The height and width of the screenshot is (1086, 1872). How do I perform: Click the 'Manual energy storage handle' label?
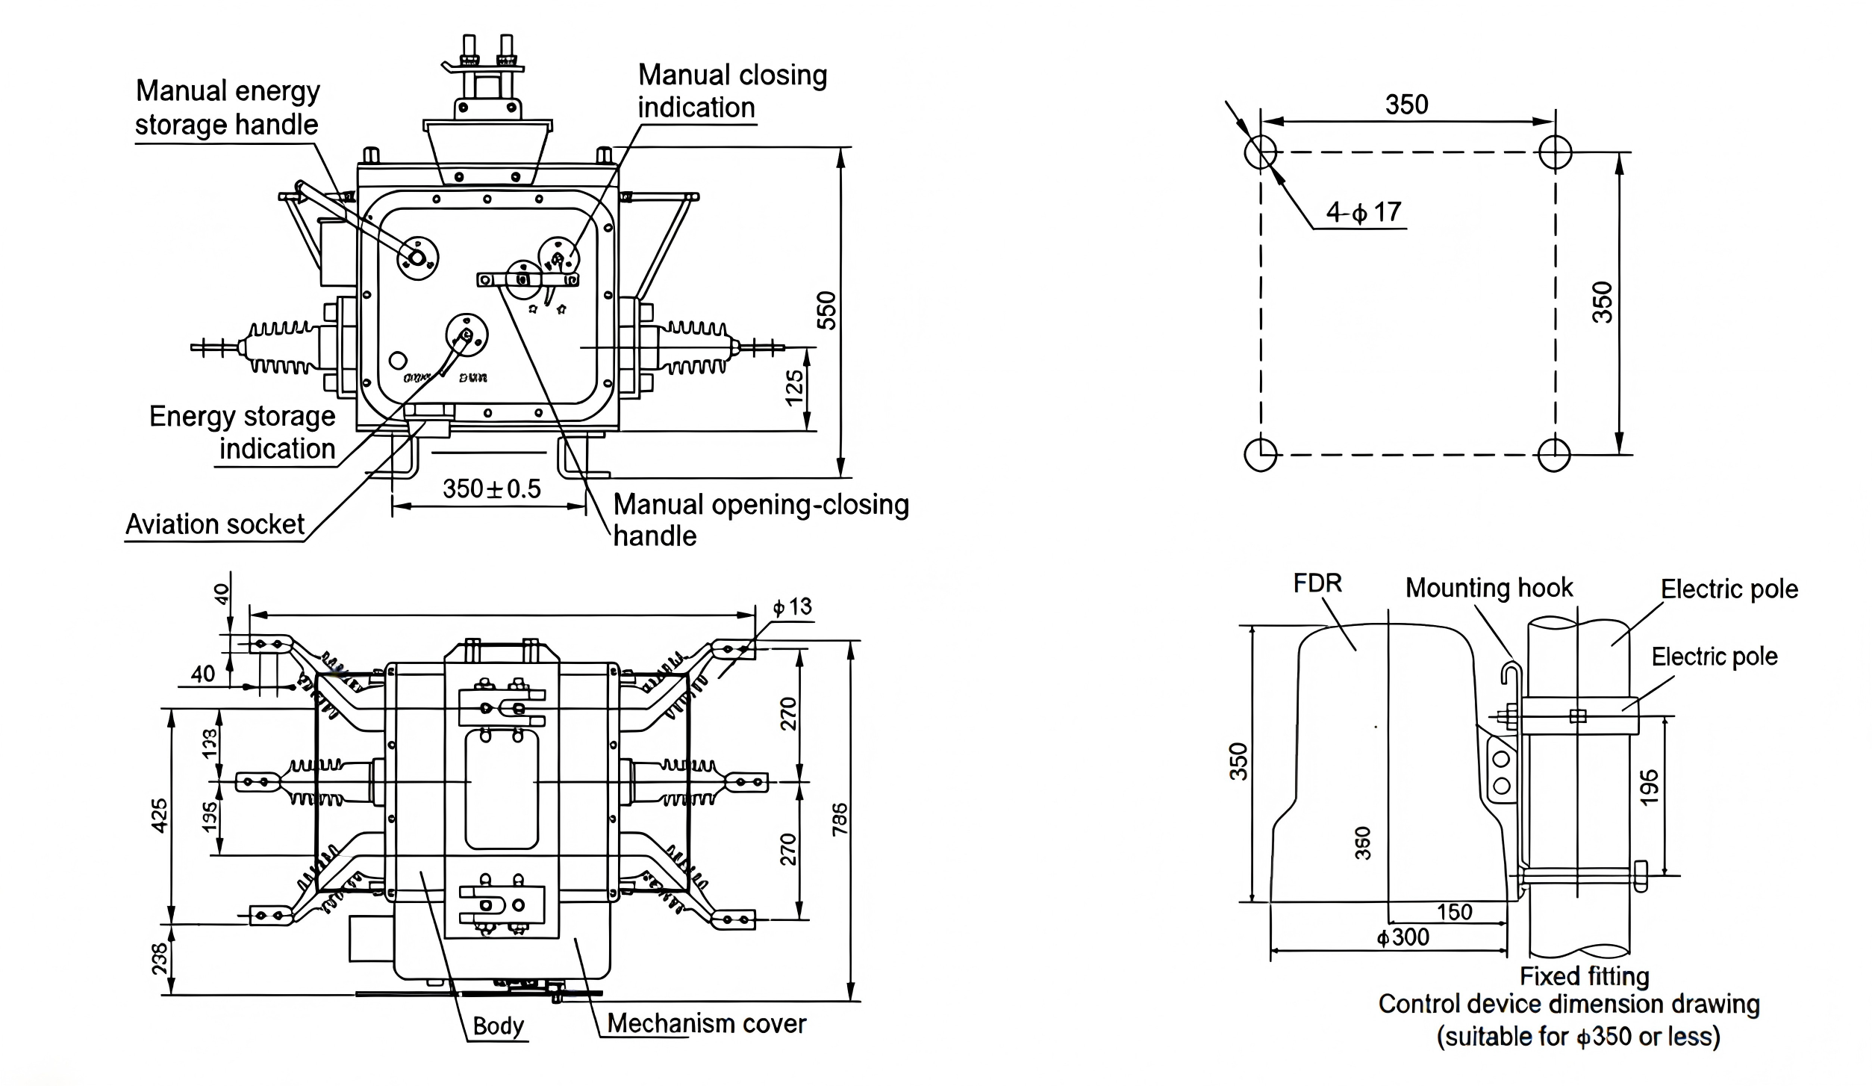[227, 108]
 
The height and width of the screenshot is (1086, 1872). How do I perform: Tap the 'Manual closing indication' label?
[731, 91]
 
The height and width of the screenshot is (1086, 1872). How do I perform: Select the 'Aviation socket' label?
[214, 524]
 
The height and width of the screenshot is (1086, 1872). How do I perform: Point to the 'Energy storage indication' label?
[242, 432]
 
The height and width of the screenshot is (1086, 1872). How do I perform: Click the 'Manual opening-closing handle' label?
[761, 520]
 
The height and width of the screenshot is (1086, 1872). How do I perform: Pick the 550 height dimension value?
[827, 310]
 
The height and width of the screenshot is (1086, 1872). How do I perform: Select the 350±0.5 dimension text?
[491, 488]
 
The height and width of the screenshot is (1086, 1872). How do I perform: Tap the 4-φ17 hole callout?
[1364, 212]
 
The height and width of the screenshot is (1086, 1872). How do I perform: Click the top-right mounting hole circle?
[1556, 152]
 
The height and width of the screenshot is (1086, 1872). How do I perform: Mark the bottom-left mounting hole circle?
[1261, 454]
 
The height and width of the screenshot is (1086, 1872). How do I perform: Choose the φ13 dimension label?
[792, 606]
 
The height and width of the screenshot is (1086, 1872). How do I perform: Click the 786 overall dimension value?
[840, 819]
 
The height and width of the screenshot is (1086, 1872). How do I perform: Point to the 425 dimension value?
[160, 815]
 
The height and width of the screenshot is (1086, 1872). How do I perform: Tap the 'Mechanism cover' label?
[706, 1023]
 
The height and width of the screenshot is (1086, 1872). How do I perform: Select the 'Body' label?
[498, 1026]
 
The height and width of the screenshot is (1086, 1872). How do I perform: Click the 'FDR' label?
[1317, 583]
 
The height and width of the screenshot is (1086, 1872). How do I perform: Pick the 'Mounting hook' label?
[1489, 588]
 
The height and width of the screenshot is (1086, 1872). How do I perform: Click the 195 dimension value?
[1650, 787]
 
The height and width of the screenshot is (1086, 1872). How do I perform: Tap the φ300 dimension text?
[1403, 937]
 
